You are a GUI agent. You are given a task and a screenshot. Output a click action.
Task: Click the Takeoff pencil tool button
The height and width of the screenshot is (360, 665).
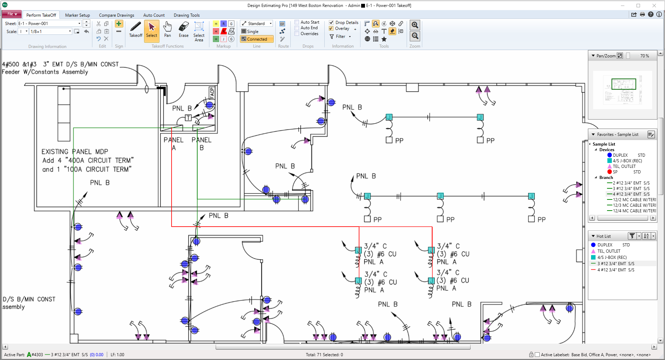point(135,30)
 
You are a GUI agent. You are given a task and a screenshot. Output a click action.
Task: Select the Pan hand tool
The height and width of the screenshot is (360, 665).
point(167,30)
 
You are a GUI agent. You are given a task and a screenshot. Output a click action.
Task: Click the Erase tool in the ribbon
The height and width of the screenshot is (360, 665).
point(183,30)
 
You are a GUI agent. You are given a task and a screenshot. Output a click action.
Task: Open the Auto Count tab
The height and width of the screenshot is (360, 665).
point(154,15)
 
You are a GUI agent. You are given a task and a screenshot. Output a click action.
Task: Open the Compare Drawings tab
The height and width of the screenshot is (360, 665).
point(116,15)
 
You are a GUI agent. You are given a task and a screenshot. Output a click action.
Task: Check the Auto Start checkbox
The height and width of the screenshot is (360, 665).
point(297,22)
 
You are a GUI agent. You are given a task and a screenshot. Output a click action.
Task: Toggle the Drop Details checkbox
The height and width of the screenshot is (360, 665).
point(331,23)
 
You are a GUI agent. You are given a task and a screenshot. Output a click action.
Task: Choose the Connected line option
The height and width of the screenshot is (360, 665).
point(257,39)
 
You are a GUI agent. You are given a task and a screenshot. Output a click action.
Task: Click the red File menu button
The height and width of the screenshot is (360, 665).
point(12,14)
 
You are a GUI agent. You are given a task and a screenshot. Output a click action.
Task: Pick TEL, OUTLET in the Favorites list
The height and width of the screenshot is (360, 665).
point(624,166)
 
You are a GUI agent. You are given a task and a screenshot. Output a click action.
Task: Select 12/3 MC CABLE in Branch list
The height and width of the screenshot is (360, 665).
point(634,205)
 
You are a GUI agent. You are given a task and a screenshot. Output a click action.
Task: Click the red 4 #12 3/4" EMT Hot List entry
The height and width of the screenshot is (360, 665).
point(615,270)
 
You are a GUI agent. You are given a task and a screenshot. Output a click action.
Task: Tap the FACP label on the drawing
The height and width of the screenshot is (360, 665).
point(212,93)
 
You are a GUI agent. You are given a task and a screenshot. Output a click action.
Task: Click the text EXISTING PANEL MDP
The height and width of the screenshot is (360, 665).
point(75,152)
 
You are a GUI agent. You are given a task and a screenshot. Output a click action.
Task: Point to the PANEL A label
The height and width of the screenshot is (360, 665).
point(173,143)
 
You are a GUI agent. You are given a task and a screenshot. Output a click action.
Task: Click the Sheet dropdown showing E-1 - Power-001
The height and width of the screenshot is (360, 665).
point(49,24)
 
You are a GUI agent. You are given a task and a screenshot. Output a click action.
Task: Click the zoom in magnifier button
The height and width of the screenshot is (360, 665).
point(415,25)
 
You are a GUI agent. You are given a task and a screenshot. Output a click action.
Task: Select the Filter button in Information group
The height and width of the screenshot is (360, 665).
point(340,36)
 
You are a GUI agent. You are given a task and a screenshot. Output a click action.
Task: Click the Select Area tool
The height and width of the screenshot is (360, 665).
point(199,31)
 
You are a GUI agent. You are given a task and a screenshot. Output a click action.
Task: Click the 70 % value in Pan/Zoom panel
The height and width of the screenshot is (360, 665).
point(645,56)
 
